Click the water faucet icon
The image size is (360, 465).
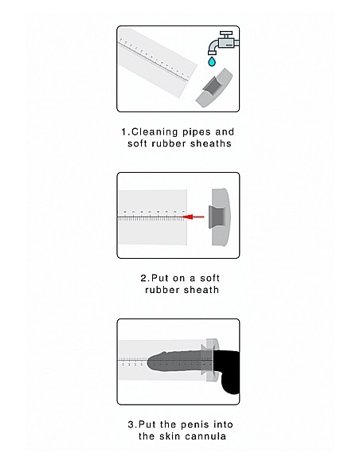(223, 43)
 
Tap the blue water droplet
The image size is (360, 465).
(212, 61)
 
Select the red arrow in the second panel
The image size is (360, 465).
(193, 217)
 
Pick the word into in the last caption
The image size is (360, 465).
(223, 424)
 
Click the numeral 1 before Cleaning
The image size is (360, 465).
(124, 132)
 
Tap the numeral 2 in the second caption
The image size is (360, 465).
(143, 279)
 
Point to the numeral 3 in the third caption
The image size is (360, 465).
(131, 424)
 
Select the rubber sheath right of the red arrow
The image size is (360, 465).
(220, 217)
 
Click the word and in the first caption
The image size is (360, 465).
(225, 132)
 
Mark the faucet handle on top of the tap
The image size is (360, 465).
(226, 33)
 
